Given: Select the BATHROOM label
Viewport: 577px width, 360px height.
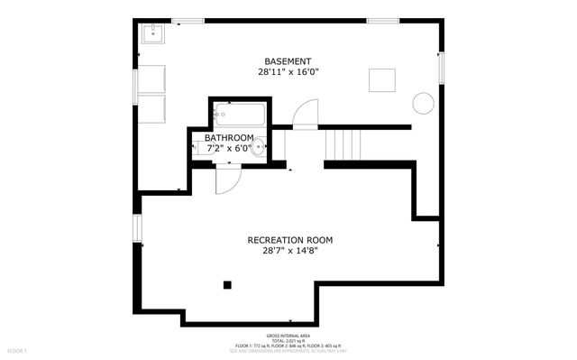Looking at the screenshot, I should pyautogui.click(x=229, y=138).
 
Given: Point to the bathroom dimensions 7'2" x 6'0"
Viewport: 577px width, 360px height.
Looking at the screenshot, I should pyautogui.click(x=230, y=148).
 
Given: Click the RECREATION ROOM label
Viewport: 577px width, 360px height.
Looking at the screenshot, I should pyautogui.click(x=290, y=240).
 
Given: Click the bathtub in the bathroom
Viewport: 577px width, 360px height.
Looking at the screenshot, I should pyautogui.click(x=239, y=115).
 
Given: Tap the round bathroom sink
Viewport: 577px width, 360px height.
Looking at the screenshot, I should pyautogui.click(x=260, y=145).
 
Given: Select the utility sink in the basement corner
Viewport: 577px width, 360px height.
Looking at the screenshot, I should pyautogui.click(x=151, y=33).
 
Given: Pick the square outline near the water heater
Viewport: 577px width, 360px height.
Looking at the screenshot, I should pyautogui.click(x=381, y=80).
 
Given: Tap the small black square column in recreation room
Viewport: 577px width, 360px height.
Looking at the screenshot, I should pyautogui.click(x=228, y=286).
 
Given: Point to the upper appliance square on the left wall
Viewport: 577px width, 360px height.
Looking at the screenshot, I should pyautogui.click(x=151, y=78).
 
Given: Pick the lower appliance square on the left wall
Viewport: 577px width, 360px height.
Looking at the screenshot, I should pyautogui.click(x=151, y=108).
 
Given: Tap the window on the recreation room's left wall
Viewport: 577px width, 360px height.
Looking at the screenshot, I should pyautogui.click(x=137, y=228).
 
